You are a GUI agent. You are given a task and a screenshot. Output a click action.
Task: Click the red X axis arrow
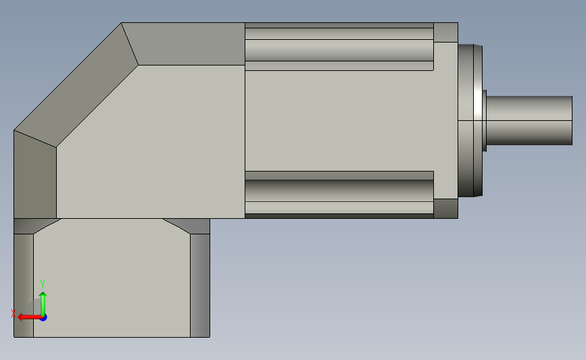point(29,317)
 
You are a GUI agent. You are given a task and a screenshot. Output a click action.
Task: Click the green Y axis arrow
point(43,304)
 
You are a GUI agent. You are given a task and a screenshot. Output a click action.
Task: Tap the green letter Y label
point(42,284)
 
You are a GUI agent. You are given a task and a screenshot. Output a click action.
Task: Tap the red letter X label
point(13,313)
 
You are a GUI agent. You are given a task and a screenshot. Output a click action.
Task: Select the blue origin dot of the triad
point(43,318)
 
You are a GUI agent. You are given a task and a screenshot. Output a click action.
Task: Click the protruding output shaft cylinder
point(529,120)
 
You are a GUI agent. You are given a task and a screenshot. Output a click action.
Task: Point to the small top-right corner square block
point(446,32)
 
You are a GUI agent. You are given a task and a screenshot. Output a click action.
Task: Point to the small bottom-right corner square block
point(446,209)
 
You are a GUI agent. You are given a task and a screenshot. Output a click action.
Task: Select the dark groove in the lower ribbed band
point(339,190)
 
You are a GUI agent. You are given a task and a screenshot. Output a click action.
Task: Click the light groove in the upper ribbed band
point(339,50)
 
